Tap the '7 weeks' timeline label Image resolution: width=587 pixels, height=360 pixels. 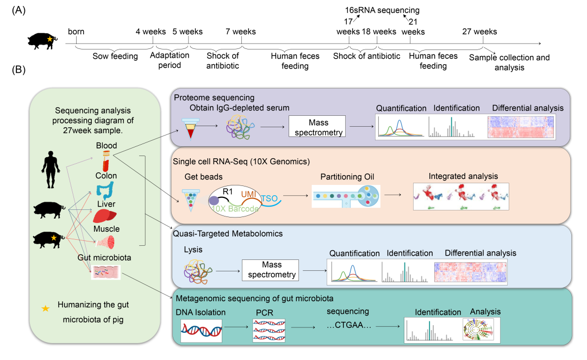240,32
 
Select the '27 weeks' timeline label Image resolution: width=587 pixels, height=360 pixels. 479,32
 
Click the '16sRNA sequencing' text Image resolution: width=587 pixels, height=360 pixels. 374,10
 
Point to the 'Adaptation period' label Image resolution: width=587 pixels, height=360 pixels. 170,60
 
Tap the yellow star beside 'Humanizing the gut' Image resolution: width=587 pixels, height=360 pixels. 46,308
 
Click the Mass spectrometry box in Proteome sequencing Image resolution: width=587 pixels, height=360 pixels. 317,127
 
